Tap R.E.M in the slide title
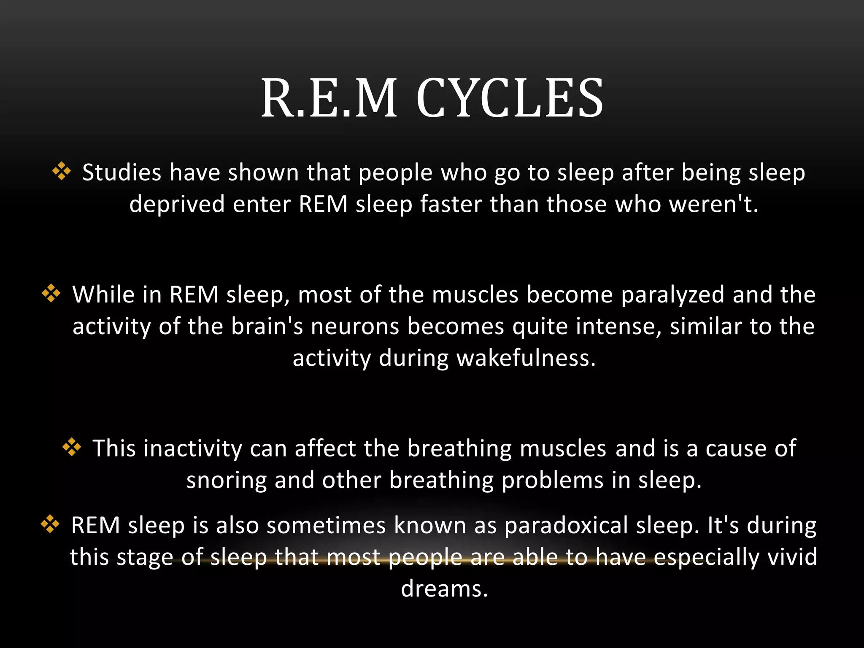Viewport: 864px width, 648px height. tap(329, 98)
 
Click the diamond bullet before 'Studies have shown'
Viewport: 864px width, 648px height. tap(62, 172)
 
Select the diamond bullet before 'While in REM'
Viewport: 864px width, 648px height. tap(51, 293)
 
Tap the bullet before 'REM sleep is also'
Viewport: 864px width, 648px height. tap(50, 524)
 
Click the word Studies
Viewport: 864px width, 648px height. tap(121, 173)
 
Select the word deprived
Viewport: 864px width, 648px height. tap(177, 205)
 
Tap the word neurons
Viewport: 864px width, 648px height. tap(355, 327)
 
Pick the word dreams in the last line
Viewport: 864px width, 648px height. tap(444, 589)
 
